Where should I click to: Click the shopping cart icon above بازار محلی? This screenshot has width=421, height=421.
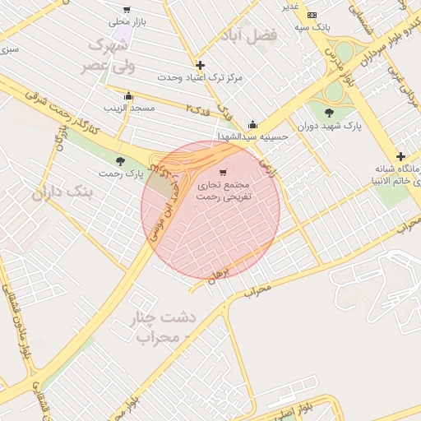[126, 10]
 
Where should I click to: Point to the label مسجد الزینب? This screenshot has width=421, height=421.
[124, 108]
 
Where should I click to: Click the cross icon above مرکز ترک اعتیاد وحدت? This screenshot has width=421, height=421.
[200, 65]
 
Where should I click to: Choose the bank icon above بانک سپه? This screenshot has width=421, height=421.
[312, 15]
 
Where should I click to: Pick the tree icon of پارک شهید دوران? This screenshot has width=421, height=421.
[330, 113]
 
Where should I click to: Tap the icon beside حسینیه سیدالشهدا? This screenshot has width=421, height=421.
[252, 124]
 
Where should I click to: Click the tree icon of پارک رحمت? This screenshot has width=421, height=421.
[121, 161]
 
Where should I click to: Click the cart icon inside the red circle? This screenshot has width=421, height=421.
[223, 173]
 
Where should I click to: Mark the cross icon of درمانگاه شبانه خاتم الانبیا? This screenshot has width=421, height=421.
[400, 157]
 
